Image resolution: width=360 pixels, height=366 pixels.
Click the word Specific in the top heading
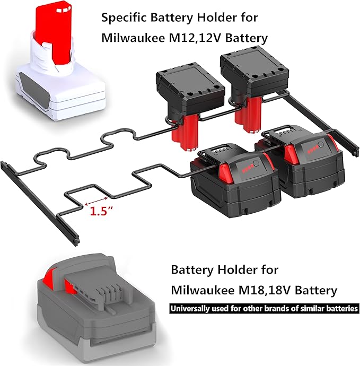[x=122, y=18]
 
